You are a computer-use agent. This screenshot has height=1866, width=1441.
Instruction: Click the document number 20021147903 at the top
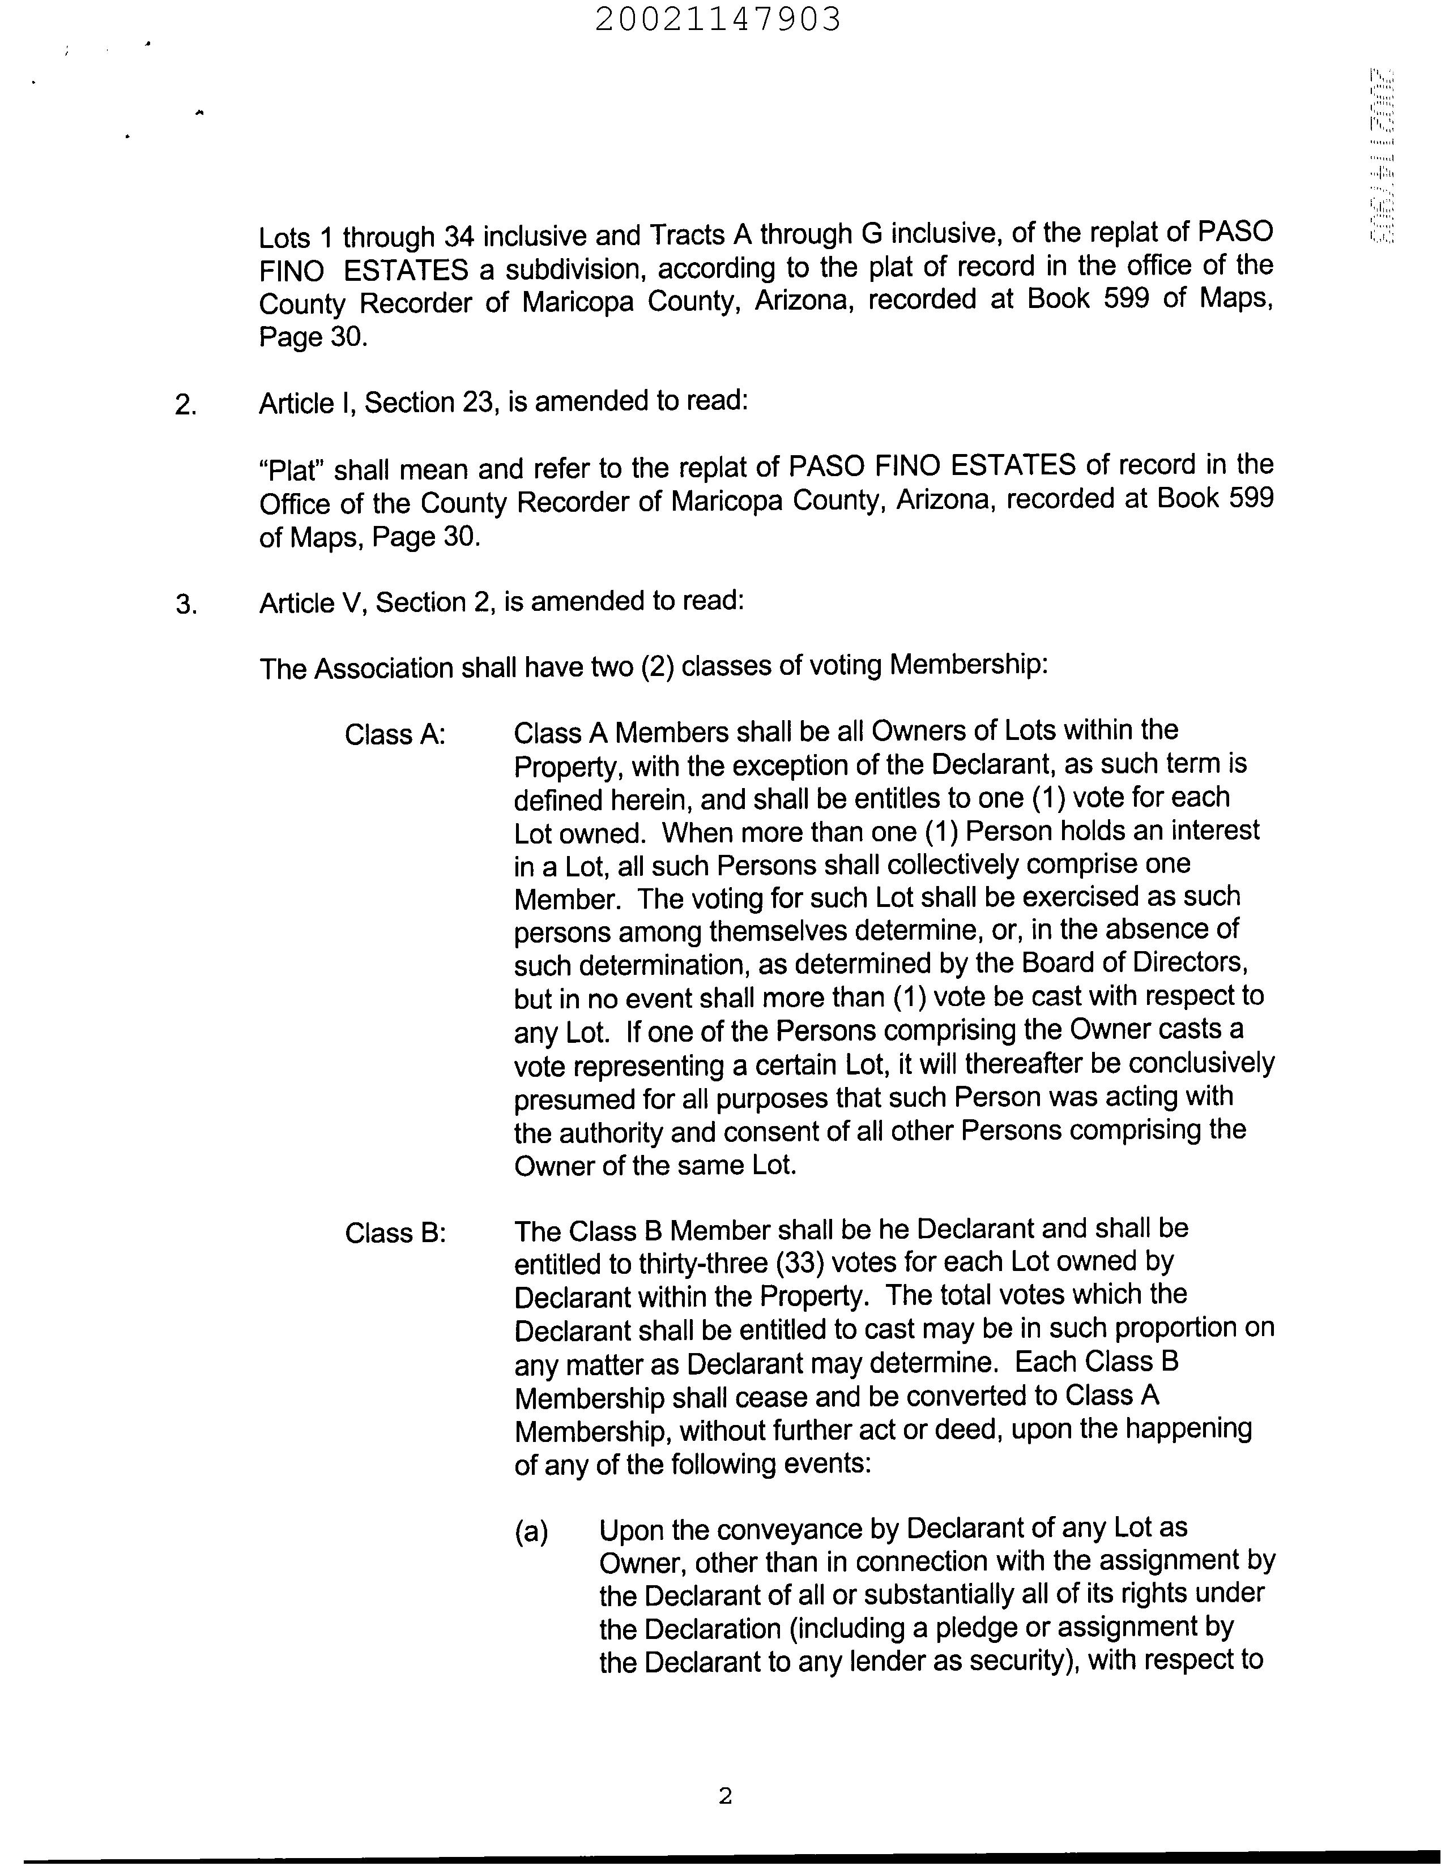point(718,19)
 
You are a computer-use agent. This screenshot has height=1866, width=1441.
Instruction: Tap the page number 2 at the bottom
point(725,1796)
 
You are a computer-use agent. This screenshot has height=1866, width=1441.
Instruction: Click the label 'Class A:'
point(395,734)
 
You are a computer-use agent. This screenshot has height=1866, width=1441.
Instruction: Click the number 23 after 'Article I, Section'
point(479,401)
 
